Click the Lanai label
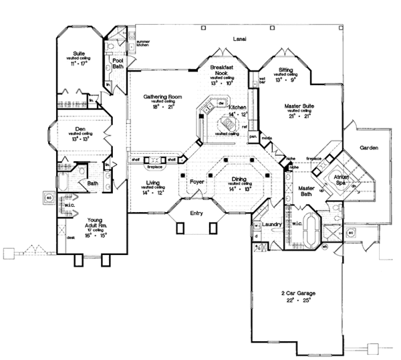click(239, 39)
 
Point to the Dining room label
click(239, 179)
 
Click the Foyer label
click(196, 181)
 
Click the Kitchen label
click(237, 107)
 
